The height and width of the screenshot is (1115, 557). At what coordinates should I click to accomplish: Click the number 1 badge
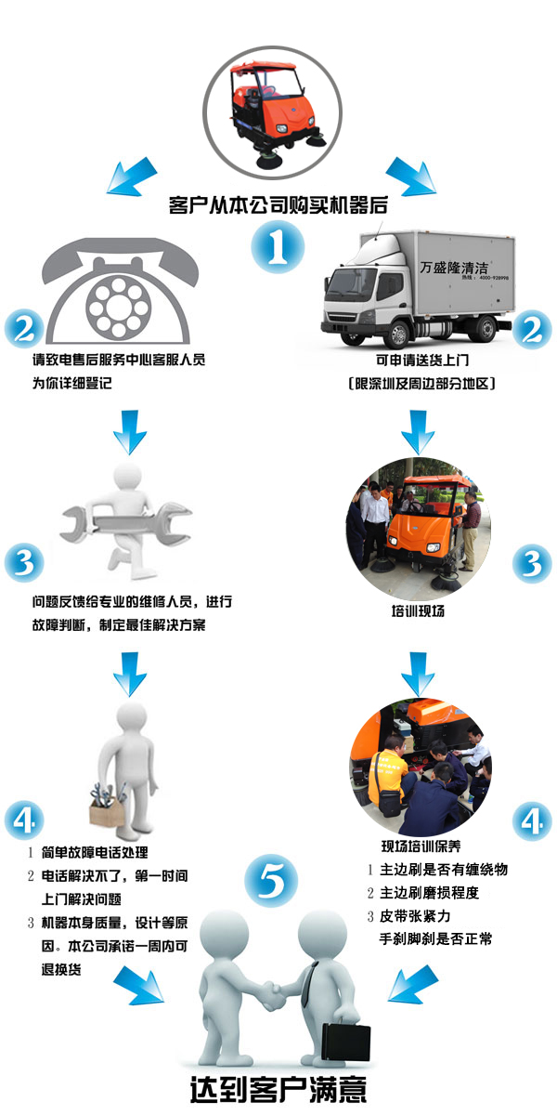click(277, 247)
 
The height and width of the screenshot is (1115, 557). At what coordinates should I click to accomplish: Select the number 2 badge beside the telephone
click(24, 329)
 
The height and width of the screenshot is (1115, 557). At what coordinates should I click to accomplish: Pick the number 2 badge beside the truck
click(532, 329)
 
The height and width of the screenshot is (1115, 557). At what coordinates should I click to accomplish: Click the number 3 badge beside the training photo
click(532, 563)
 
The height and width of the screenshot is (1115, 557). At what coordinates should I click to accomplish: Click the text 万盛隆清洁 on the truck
click(454, 268)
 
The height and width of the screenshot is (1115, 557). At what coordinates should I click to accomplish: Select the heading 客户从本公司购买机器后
click(278, 204)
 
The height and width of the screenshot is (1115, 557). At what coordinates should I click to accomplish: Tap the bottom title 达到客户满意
click(278, 1090)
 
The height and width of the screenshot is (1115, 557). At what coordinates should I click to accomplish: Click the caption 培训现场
click(418, 610)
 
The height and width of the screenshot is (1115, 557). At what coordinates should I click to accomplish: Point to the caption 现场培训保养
click(421, 846)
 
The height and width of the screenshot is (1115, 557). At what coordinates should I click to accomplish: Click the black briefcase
click(345, 1042)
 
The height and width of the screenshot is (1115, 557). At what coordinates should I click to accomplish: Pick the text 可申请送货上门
click(422, 360)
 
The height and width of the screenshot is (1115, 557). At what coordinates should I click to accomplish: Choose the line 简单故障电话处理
click(95, 853)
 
